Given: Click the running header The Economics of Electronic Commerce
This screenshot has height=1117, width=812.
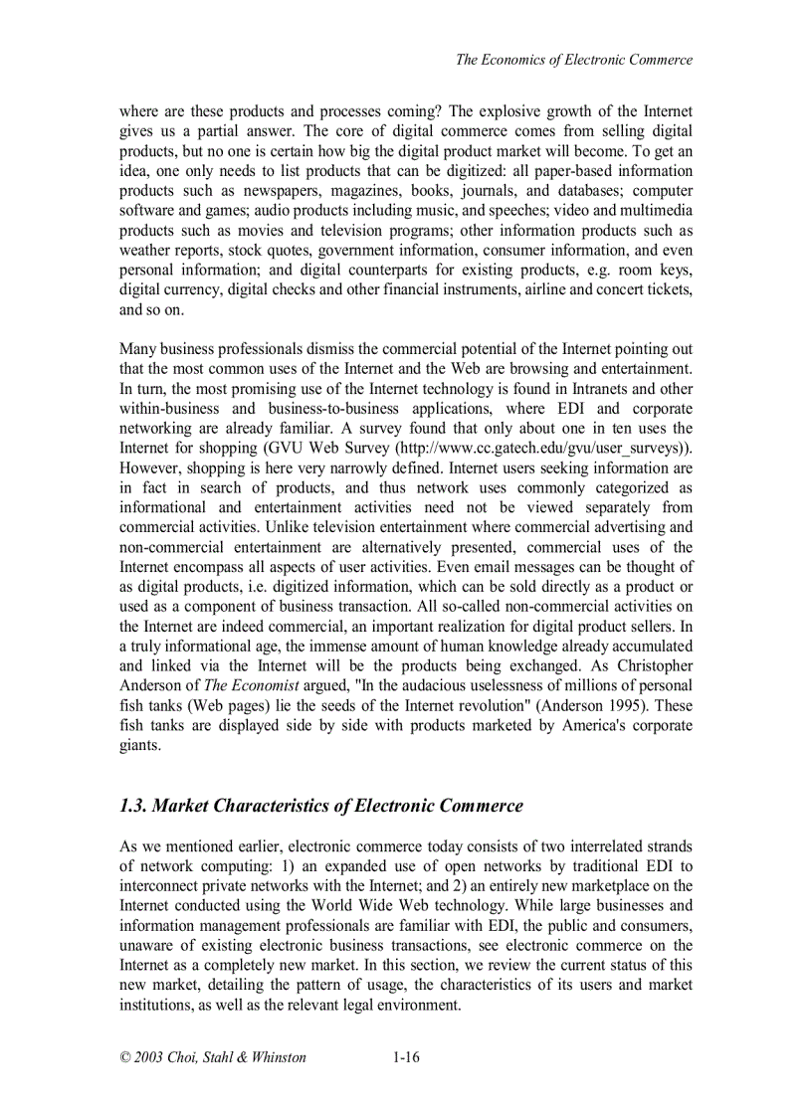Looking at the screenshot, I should [573, 60].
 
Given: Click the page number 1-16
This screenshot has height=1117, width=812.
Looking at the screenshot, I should [406, 1057].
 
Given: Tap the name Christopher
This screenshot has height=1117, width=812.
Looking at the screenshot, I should [651, 665].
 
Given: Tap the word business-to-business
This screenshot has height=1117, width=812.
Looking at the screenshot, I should [333, 408].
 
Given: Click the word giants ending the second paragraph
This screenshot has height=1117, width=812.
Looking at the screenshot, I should [139, 745].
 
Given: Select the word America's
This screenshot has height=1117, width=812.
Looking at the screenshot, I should [571, 725].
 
